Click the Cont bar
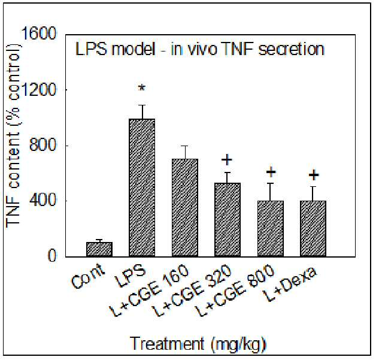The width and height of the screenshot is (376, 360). point(99,249)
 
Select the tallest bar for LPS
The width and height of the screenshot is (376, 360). point(142,188)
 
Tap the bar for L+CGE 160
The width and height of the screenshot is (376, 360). point(185,208)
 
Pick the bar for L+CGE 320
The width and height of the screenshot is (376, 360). point(228,220)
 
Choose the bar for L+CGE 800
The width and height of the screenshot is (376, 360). point(271,229)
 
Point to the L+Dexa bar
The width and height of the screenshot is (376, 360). point(313,229)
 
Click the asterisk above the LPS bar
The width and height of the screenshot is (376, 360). point(142,88)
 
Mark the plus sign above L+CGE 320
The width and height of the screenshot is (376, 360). point(227,159)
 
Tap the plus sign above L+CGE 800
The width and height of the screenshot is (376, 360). point(271,172)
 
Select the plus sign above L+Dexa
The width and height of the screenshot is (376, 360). point(314,174)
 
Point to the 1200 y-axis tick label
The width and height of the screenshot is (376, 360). point(40,90)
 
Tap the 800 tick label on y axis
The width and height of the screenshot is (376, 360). point(43,146)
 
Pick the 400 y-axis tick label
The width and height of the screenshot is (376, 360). point(43,201)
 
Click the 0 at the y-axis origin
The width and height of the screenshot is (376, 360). point(52,256)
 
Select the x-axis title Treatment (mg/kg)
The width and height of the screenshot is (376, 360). point(199,343)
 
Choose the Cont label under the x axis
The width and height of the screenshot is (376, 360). point(88,276)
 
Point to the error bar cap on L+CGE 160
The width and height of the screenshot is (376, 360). point(185,146)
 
